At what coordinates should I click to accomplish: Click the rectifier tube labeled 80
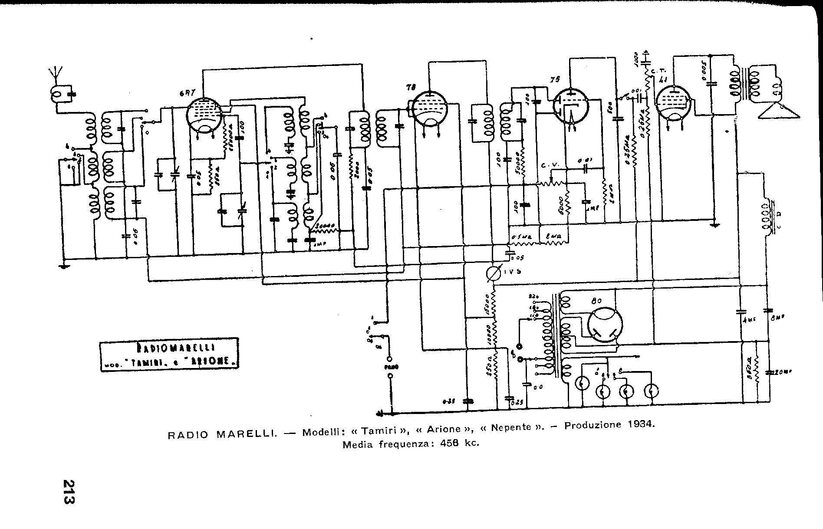click(x=605, y=325)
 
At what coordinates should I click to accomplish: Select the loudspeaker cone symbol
click(x=779, y=111)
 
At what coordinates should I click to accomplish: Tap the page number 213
click(x=69, y=491)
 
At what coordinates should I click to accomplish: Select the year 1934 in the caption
click(x=640, y=424)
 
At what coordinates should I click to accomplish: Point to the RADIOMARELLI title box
click(x=169, y=353)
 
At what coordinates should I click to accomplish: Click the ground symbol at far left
click(x=64, y=265)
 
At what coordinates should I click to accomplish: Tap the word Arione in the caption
click(x=444, y=429)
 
